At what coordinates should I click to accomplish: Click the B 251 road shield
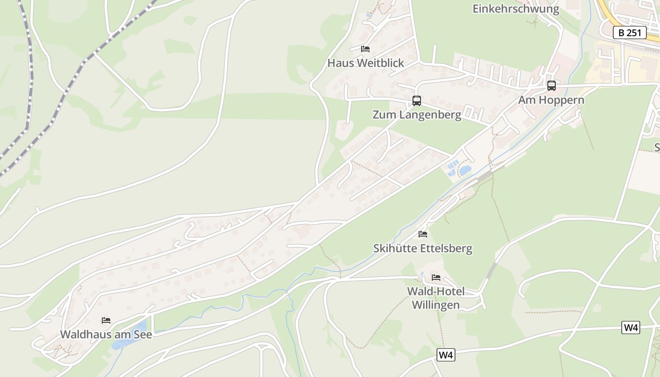[x=629, y=33]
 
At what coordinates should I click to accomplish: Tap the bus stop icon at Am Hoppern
[x=551, y=86]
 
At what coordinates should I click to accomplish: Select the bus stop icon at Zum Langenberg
[x=417, y=100]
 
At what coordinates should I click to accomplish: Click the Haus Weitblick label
[x=366, y=63]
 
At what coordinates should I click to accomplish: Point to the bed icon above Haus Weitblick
[x=365, y=49]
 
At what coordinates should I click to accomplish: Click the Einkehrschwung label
[x=516, y=8]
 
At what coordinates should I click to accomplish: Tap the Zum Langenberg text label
[x=417, y=115]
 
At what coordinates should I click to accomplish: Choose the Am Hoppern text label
[x=551, y=100]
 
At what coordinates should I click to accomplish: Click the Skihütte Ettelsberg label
[x=422, y=248]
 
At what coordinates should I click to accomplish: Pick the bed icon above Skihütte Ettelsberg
[x=423, y=234]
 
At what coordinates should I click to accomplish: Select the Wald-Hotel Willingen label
[x=436, y=298]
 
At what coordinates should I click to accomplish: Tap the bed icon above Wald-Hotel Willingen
[x=436, y=277]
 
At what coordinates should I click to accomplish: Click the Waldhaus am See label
[x=106, y=334]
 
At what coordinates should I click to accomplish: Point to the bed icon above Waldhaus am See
[x=106, y=320]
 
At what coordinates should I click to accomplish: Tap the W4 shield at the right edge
[x=631, y=328]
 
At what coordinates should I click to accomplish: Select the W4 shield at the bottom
[x=445, y=355]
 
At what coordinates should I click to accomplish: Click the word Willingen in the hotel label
[x=436, y=305]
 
